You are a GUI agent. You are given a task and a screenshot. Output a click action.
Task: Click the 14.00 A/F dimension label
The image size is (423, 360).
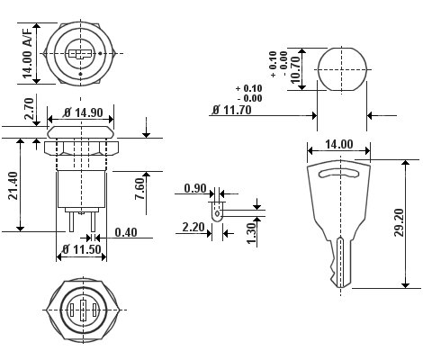coord(28,54)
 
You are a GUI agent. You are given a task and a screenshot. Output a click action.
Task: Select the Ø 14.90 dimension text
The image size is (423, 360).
coord(84,112)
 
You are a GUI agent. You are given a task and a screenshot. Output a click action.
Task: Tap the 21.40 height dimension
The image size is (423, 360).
coord(13,185)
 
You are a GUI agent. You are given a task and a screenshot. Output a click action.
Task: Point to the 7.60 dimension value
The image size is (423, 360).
coord(139,189)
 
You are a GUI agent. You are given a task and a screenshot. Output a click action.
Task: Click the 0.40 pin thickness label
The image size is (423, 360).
coord(126,232)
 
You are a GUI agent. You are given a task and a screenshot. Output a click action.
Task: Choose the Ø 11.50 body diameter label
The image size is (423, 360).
coord(82,249)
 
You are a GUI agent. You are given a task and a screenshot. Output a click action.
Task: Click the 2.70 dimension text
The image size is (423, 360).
coord(29,109)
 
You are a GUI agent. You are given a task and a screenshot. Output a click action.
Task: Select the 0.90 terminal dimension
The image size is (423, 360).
coord(195,188)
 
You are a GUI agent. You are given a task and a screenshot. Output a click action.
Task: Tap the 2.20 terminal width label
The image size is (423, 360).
coord(193,228)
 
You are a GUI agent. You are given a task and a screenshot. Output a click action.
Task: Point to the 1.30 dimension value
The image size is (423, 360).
coord(251,233)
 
